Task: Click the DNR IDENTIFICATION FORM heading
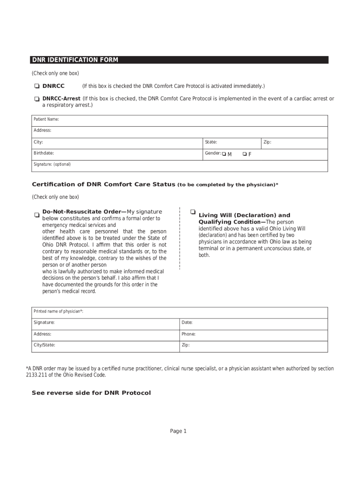tap(75, 60)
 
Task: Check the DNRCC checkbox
tap(36, 87)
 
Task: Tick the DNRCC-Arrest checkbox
tap(36, 99)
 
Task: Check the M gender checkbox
tap(224, 154)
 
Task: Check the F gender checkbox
tap(245, 154)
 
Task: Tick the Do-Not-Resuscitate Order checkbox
tap(36, 215)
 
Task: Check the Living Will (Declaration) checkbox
tap(193, 212)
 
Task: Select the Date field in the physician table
tap(253, 323)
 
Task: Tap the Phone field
tap(253, 335)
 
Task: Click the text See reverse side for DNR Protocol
tap(91, 393)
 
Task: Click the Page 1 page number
tap(178, 431)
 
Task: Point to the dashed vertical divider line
tap(180, 239)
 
